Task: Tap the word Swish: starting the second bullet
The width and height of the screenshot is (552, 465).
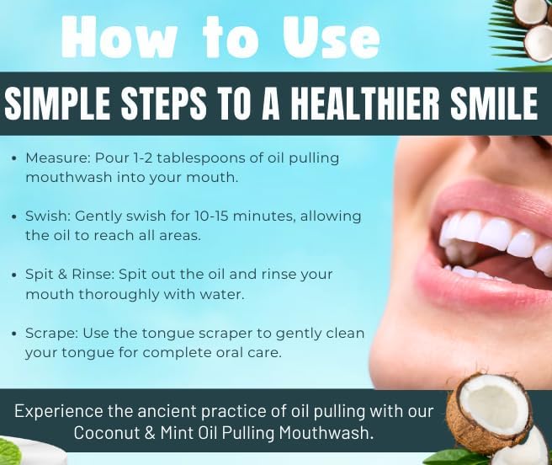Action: [48, 216]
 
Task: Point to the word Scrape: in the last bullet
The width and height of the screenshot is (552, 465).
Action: [51, 333]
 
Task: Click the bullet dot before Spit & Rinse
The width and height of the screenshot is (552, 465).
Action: [16, 275]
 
